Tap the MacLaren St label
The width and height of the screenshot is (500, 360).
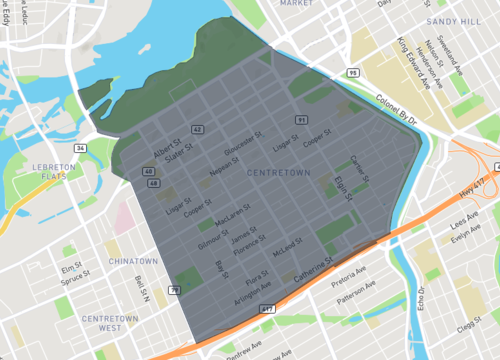(233, 216)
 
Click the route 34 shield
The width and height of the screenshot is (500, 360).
(79, 148)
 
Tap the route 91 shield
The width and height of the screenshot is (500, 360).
(300, 120)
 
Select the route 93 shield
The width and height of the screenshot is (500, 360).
(352, 72)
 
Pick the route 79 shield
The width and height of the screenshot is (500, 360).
(174, 290)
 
